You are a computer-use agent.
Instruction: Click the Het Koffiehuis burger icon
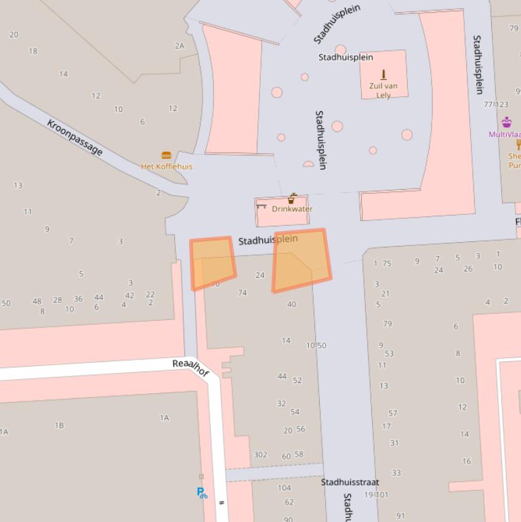coord(166,155)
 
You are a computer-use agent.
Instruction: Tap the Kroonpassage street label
coord(75,137)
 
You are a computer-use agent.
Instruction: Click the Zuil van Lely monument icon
coord(383,74)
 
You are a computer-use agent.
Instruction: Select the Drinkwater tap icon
coord(292,199)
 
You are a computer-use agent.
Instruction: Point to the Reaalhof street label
coord(191,367)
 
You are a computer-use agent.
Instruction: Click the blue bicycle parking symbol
coord(202,493)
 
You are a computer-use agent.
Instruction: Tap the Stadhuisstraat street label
coord(350,482)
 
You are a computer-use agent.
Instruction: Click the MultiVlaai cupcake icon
coord(507,122)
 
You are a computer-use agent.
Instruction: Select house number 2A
coord(180,46)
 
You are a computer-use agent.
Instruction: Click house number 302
coord(260,455)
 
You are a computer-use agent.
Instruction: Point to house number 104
coord(284,487)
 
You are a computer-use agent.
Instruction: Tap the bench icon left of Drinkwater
coord(262,206)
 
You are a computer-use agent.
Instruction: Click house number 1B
coord(59,425)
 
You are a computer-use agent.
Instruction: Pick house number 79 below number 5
coord(388,324)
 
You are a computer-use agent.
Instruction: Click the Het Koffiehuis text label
coord(167,166)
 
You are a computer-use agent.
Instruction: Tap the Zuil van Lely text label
coord(383,90)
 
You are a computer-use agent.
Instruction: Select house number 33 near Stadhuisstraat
coord(396,473)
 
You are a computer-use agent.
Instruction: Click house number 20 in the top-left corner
coord(14,35)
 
